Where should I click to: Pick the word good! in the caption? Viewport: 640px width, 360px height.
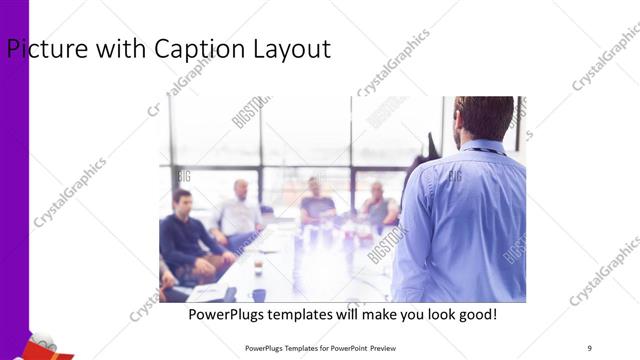click(475, 315)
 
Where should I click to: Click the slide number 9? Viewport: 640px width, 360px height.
click(589, 346)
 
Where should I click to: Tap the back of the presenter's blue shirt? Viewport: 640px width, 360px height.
click(462, 215)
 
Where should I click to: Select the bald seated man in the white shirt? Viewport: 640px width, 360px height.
click(238, 210)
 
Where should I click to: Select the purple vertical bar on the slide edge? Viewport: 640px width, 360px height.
click(14, 180)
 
